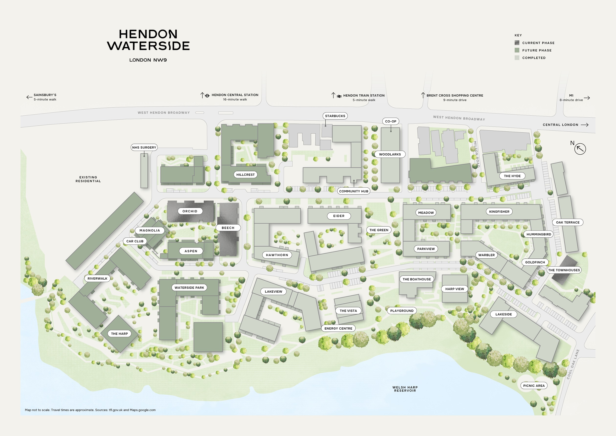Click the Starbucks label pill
point(335,116)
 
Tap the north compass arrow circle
point(580,149)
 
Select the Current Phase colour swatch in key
point(517,43)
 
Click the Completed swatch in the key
point(517,58)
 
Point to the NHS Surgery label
point(144,147)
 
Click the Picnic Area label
point(534,386)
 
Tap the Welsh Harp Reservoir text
point(405,389)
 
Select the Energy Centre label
point(338,328)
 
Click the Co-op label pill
point(390,121)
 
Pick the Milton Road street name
point(476,154)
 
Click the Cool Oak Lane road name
point(573,364)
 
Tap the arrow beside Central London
point(585,125)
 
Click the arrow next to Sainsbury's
point(29,97)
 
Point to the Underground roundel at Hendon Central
point(207,96)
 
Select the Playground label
point(402,311)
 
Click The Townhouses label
point(564,270)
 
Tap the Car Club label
point(135,241)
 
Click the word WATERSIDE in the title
point(148,46)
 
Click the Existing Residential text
point(88,179)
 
